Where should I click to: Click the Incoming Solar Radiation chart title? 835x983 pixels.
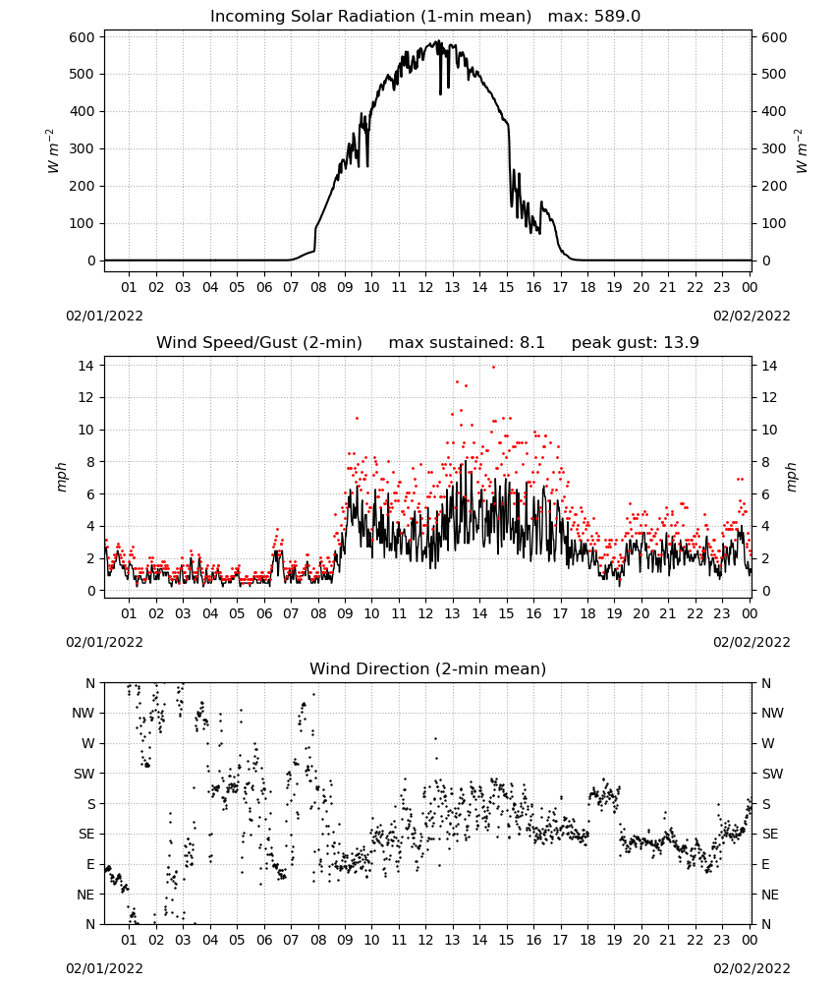(370, 17)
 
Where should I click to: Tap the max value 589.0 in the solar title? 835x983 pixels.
(618, 17)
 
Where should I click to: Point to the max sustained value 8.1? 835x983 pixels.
(531, 342)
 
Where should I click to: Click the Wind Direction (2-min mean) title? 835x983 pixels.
(428, 668)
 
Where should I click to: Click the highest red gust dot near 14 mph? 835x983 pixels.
(493, 368)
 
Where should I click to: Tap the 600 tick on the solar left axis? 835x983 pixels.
(82, 37)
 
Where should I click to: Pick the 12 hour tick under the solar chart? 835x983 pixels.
(425, 287)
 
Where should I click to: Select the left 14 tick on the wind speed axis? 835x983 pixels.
(86, 366)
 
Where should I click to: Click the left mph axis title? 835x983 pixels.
(61, 477)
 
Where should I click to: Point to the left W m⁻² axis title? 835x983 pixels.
(53, 150)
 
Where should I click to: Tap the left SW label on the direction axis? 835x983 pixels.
(83, 774)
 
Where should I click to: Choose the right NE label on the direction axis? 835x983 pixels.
(770, 895)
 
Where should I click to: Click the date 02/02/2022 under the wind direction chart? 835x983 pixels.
(751, 968)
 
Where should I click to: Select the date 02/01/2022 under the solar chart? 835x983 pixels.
(104, 316)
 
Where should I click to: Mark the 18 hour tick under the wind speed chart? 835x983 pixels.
(587, 613)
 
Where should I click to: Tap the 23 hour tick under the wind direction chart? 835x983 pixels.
(722, 940)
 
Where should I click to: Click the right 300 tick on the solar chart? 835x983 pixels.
(774, 149)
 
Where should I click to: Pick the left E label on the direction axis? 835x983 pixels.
(90, 864)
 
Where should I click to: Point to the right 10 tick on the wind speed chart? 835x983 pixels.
(769, 431)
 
